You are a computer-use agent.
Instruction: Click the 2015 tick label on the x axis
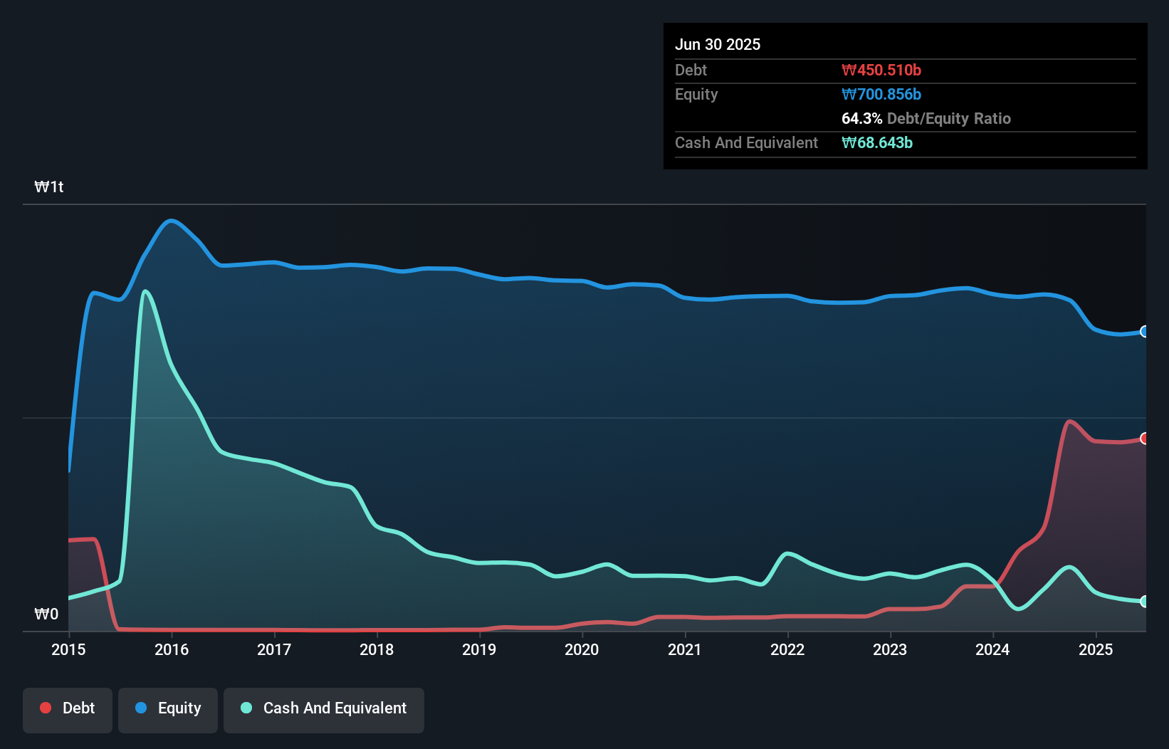[68, 649]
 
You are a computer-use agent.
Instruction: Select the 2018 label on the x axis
[377, 649]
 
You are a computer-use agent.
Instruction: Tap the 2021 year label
[684, 649]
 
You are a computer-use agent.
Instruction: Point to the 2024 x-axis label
[992, 649]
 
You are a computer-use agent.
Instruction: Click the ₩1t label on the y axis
[49, 187]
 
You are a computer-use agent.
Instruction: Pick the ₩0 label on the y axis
[46, 614]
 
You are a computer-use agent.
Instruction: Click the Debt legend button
[68, 708]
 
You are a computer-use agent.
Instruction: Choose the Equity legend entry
[168, 708]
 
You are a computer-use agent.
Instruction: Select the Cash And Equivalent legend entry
[324, 708]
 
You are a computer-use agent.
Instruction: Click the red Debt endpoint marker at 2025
[1144, 439]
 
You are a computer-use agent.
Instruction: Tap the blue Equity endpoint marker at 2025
[1144, 332]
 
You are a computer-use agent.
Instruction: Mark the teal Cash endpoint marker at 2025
[1144, 602]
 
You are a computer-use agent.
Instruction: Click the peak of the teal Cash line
[145, 291]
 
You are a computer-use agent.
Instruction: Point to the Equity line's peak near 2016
[172, 221]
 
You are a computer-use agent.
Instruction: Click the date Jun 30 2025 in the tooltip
[718, 44]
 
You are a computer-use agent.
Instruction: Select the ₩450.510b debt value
[881, 70]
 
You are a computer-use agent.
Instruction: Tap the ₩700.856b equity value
[881, 95]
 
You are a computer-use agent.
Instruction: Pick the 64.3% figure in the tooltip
[861, 119]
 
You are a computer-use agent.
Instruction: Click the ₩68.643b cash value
[877, 143]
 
